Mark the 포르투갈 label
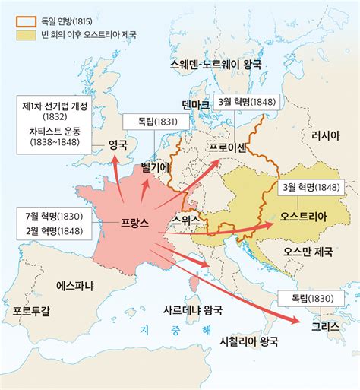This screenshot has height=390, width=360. coord(32,311)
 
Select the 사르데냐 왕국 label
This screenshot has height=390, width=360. coord(193,310)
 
